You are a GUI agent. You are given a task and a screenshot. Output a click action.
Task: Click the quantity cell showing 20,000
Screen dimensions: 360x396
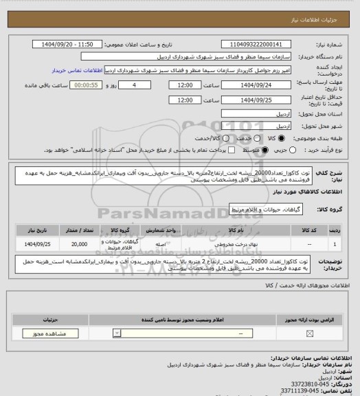click(78, 243)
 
